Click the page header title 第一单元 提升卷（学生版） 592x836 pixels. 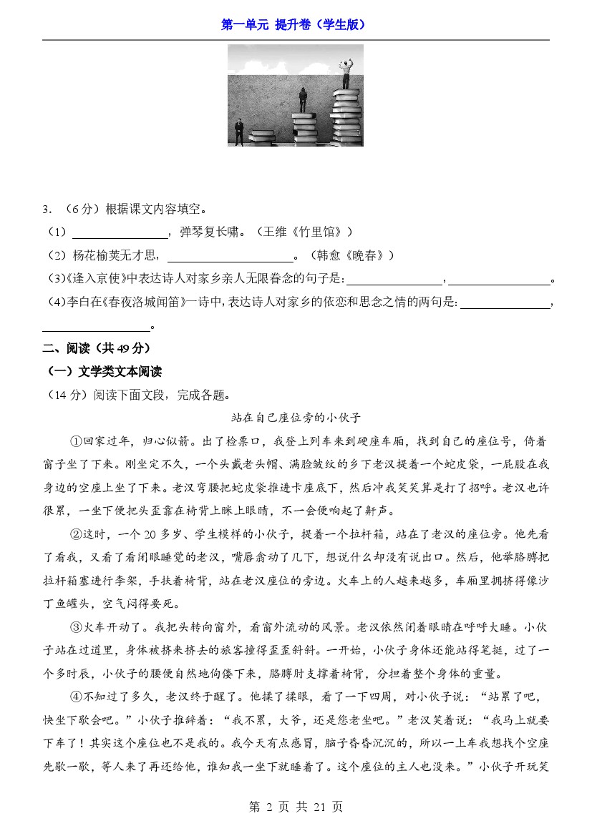(296, 24)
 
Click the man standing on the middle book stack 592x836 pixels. (303, 99)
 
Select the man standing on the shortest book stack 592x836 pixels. (239, 130)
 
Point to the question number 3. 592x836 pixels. (47, 210)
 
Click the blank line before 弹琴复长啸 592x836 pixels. (120, 233)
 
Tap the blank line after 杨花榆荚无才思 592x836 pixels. (230, 256)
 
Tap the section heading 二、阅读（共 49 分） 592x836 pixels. (97, 348)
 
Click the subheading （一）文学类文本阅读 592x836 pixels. (104, 371)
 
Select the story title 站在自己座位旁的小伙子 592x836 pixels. (296, 417)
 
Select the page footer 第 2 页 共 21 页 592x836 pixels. (296, 807)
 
